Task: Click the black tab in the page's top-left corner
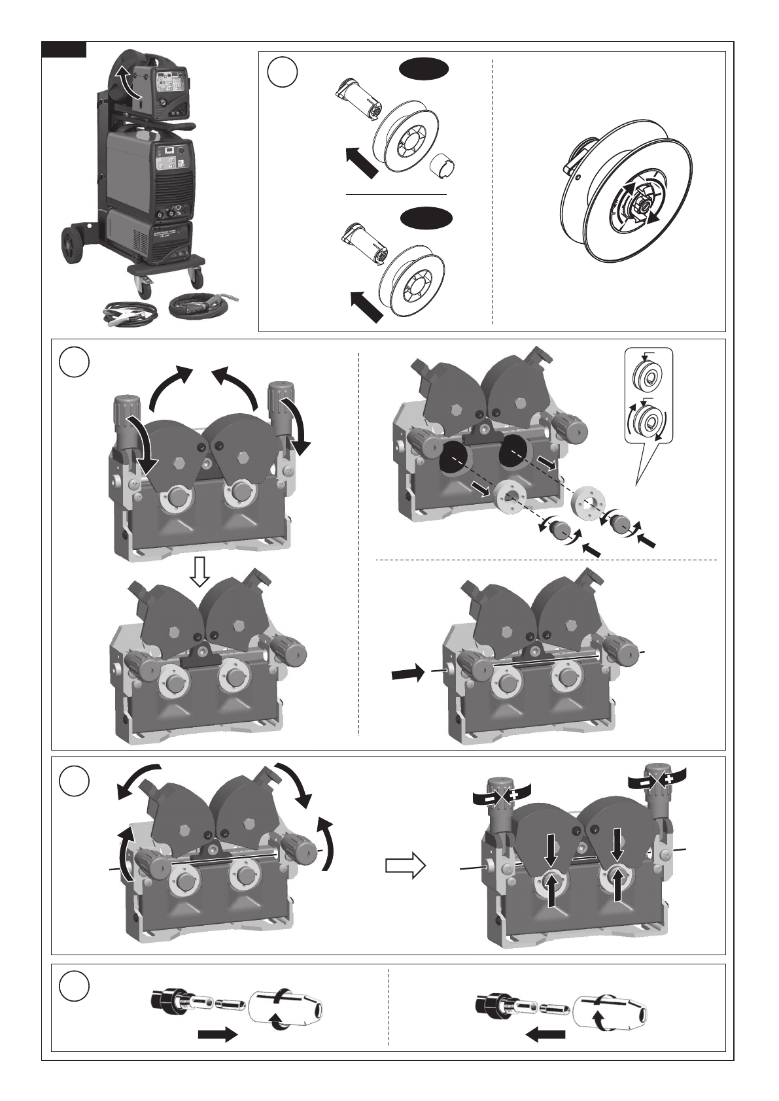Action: [x=64, y=50]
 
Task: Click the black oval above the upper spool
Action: [x=424, y=68]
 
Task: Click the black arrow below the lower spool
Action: [x=366, y=307]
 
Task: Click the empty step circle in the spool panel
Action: [x=283, y=73]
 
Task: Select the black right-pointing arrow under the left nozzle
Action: [x=217, y=1034]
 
